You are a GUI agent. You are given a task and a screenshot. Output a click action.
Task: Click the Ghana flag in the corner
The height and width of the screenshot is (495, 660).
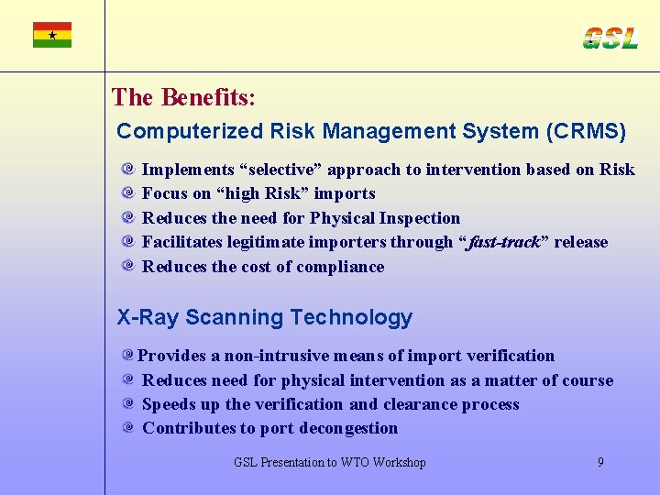[52, 35]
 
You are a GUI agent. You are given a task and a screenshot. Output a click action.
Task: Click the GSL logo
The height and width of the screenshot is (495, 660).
[610, 38]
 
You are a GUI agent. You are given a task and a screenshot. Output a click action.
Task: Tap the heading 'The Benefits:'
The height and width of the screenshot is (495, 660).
[183, 96]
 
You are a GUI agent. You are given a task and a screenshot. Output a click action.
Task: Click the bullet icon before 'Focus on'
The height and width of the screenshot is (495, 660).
[128, 193]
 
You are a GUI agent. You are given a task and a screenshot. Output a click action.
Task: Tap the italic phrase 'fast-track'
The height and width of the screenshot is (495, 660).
[502, 242]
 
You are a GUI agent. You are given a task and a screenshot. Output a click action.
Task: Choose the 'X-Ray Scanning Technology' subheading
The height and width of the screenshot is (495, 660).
[265, 317]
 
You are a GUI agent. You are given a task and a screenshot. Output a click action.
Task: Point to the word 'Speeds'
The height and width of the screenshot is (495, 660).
[170, 404]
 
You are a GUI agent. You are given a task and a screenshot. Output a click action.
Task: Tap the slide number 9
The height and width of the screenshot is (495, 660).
[600, 462]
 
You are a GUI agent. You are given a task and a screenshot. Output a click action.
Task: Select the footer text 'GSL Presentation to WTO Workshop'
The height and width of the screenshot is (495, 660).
[330, 462]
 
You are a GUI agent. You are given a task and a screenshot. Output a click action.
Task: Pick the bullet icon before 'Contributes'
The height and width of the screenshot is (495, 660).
[128, 428]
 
